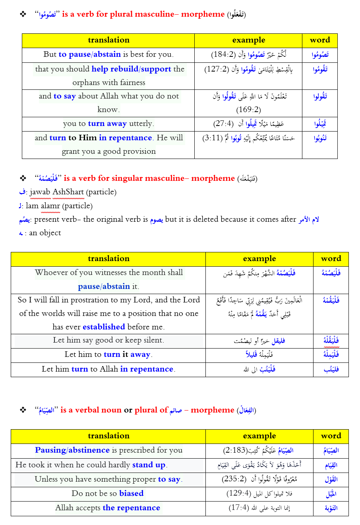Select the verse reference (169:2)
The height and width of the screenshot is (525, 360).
[248, 110]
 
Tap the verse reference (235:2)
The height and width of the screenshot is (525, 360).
[234, 479]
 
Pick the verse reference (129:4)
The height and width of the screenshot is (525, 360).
[239, 494]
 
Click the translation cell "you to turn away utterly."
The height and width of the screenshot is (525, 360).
[108, 124]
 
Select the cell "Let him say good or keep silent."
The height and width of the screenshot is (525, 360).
[108, 340]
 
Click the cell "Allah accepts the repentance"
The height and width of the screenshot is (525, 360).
[108, 508]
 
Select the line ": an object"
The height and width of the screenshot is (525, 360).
[44, 233]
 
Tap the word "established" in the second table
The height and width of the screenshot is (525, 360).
[104, 327]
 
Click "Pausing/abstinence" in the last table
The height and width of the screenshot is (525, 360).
[72, 450]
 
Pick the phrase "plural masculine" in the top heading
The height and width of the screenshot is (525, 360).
[145, 14]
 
